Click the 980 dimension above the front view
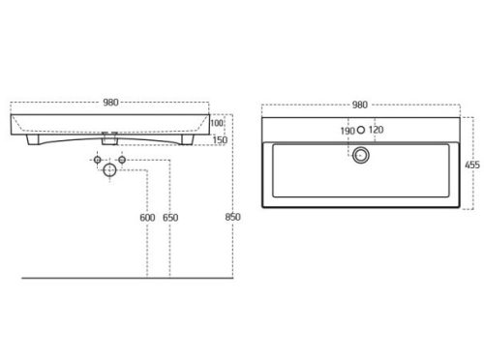(110, 103)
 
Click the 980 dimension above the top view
(360, 105)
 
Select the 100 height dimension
(217, 123)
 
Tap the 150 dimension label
(220, 140)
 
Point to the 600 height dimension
(147, 218)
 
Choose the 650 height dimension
(170, 218)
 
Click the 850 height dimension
(232, 217)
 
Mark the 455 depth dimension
(472, 165)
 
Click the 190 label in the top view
(348, 131)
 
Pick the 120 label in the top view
(376, 130)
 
